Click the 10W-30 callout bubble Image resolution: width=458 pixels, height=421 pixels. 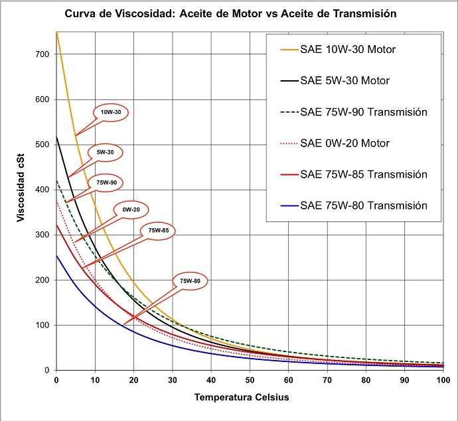point(111,113)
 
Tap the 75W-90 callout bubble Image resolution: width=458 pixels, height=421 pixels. point(106,182)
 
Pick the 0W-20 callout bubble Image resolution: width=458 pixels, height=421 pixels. point(130,210)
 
